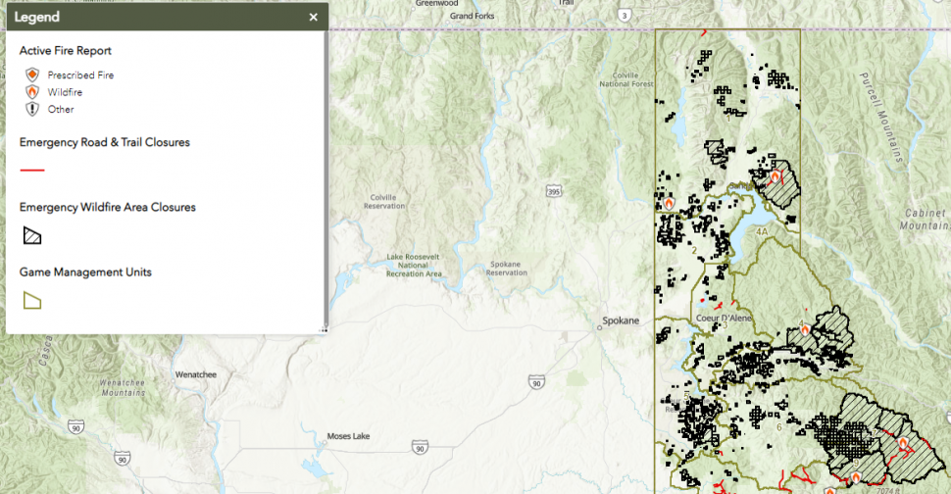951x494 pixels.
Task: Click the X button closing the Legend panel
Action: pos(313,17)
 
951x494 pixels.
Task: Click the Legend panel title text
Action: pos(36,17)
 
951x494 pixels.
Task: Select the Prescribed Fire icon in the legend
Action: pos(32,74)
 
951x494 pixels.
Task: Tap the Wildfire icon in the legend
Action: pos(32,92)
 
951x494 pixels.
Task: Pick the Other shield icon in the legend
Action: pos(32,110)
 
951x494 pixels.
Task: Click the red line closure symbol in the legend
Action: pos(32,170)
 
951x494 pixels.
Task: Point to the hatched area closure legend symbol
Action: pos(32,235)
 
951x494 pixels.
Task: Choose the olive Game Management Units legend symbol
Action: pos(32,300)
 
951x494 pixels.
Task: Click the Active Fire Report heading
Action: pos(66,51)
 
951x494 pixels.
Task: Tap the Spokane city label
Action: pos(620,321)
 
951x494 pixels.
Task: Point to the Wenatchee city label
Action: pos(195,374)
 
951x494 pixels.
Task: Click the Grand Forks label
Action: pos(469,16)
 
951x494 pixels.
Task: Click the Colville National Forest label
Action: pos(627,79)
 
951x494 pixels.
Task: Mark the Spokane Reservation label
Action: pos(506,268)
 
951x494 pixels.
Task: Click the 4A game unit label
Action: pos(764,232)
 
